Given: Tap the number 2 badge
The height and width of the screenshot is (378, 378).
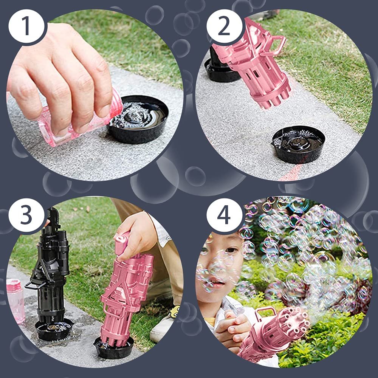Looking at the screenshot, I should [224, 26].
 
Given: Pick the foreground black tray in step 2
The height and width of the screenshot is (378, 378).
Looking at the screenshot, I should [299, 144].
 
